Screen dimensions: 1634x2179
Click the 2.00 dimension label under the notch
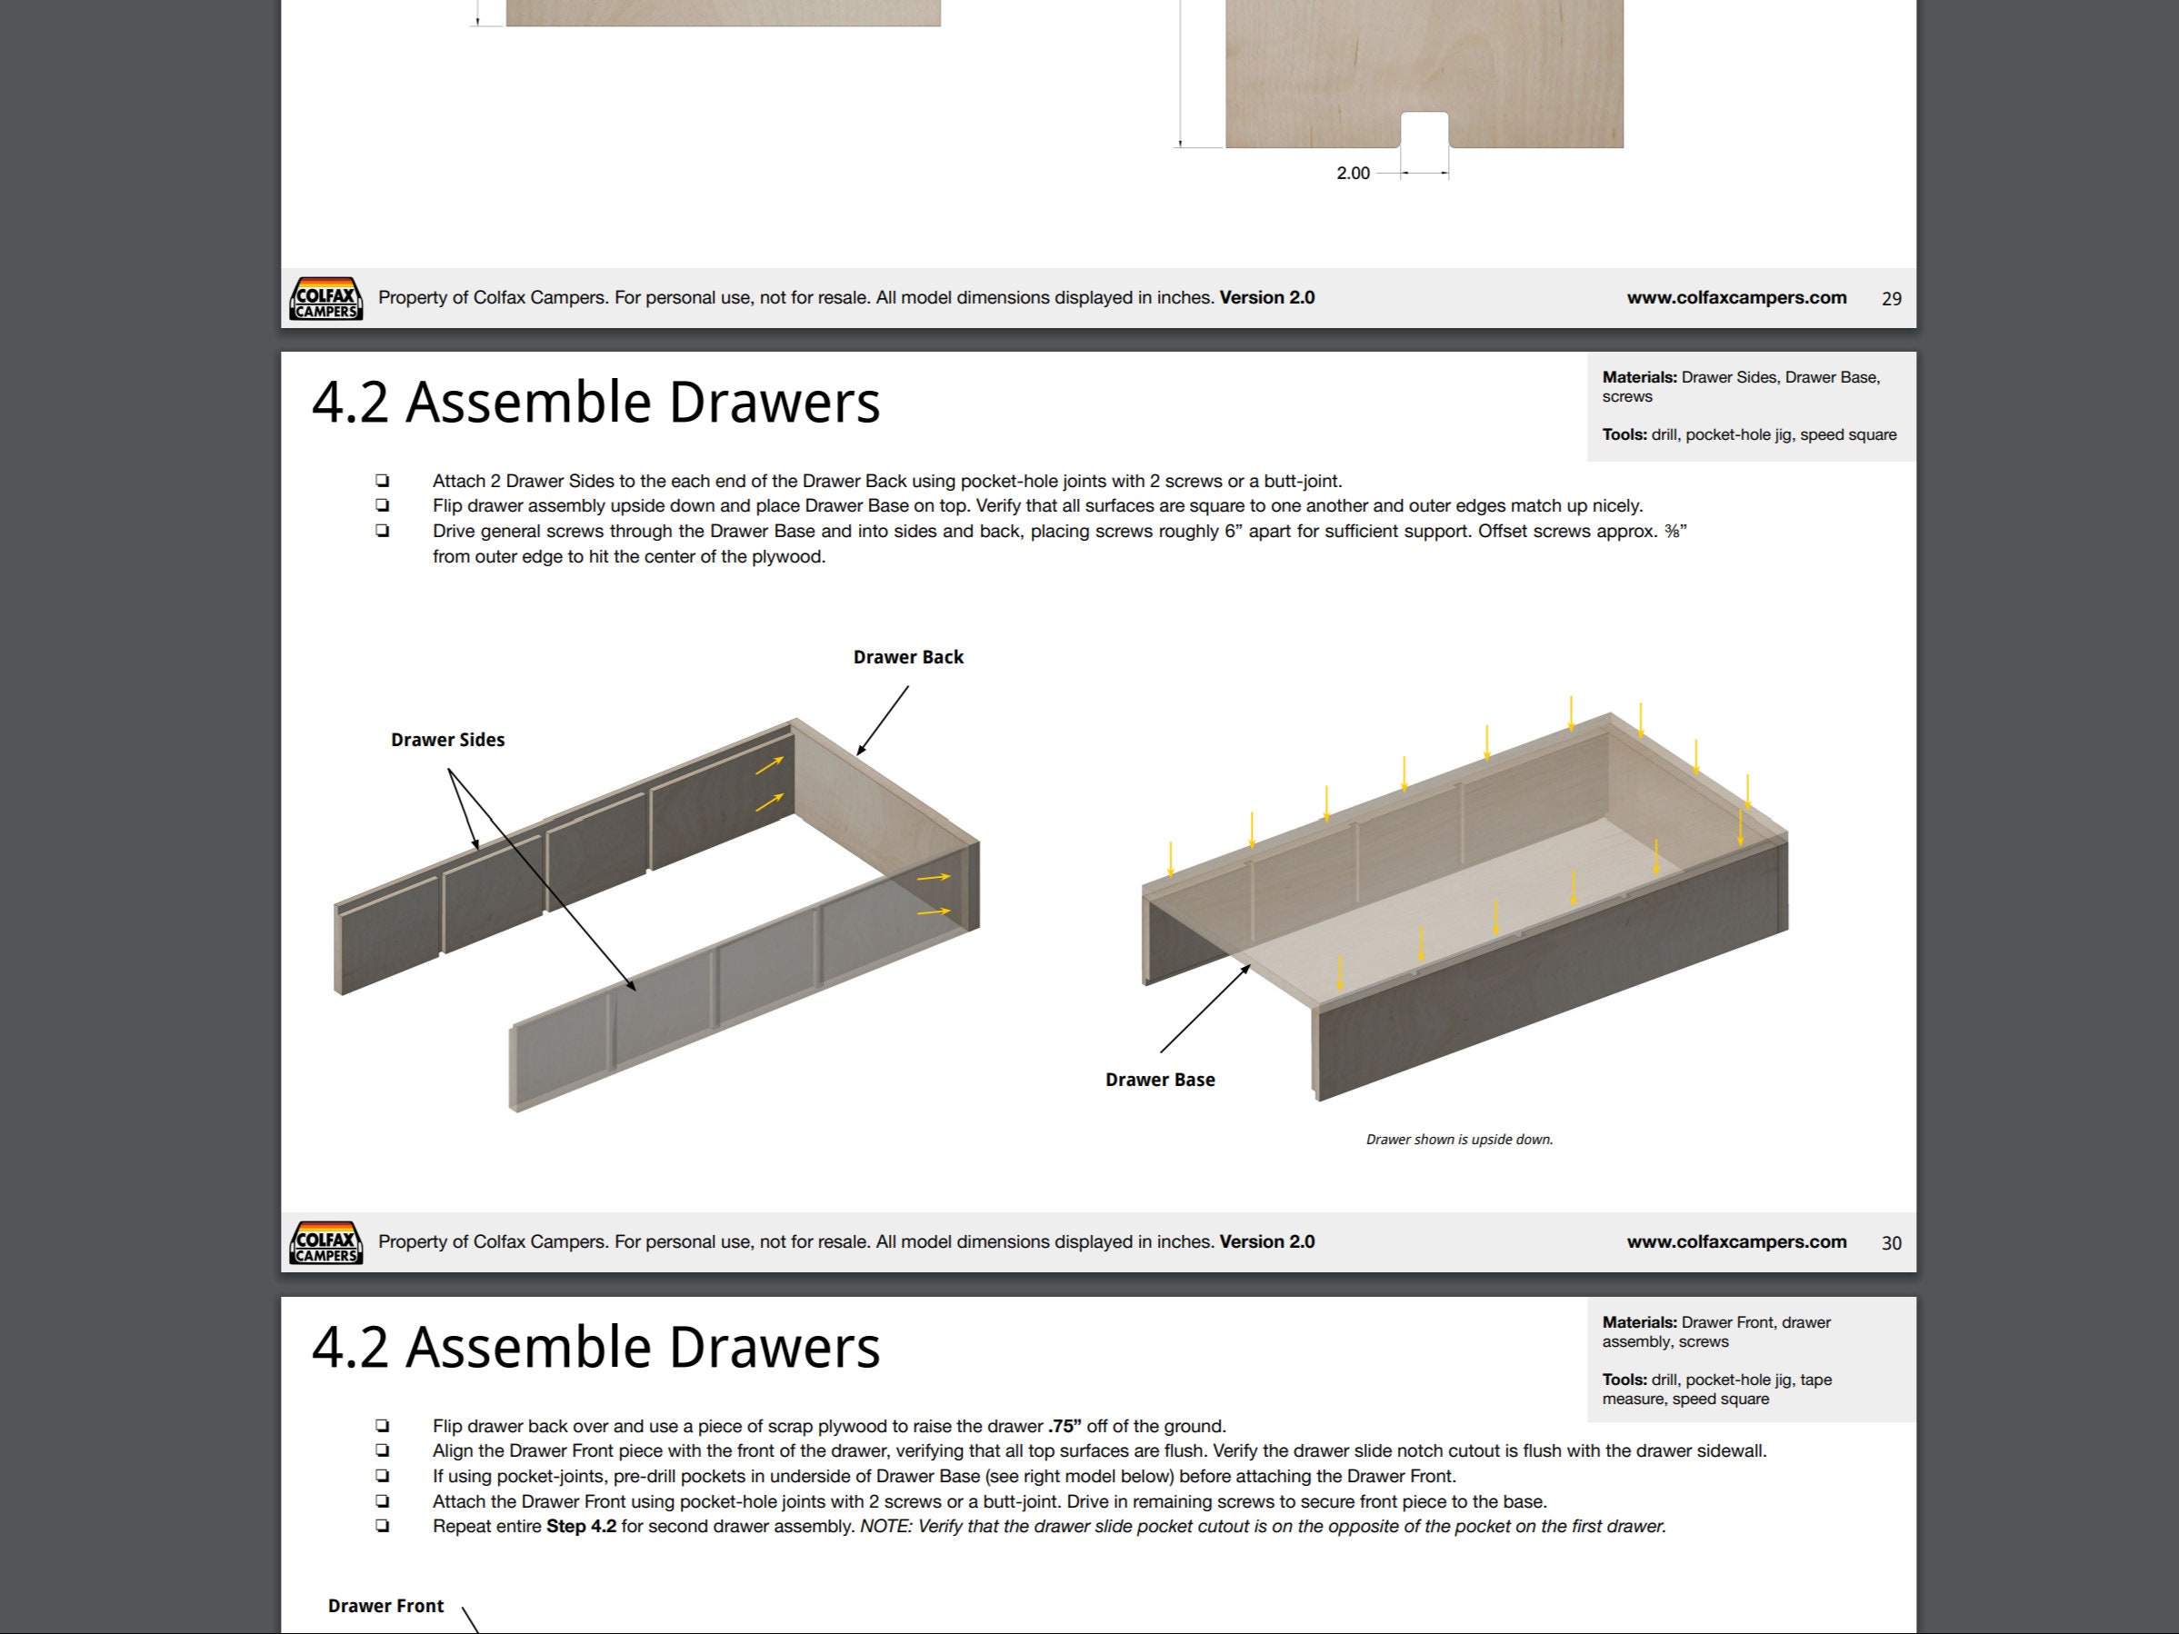point(1353,174)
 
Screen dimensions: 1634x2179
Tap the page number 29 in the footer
point(1890,298)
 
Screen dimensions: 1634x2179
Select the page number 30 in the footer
point(1890,1243)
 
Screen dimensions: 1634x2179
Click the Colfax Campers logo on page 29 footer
point(326,298)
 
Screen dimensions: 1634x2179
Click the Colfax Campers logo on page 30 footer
point(326,1243)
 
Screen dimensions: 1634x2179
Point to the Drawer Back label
point(907,657)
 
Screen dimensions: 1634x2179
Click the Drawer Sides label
point(447,740)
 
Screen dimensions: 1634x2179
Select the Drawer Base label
point(1159,1080)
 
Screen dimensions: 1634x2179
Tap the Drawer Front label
point(385,1606)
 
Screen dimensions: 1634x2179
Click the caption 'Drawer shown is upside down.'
point(1459,1140)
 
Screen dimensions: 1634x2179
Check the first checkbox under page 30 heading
point(382,481)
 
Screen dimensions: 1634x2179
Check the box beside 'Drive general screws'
point(382,531)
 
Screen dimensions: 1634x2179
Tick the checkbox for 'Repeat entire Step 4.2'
point(382,1526)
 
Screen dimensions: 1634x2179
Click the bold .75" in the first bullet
point(1064,1426)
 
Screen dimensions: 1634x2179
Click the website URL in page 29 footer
point(1735,297)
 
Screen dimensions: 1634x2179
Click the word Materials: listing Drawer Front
point(1639,1321)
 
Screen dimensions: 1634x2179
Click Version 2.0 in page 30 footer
point(1267,1242)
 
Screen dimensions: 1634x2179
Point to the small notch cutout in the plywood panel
point(1424,130)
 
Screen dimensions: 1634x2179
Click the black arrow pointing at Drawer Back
point(882,722)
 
